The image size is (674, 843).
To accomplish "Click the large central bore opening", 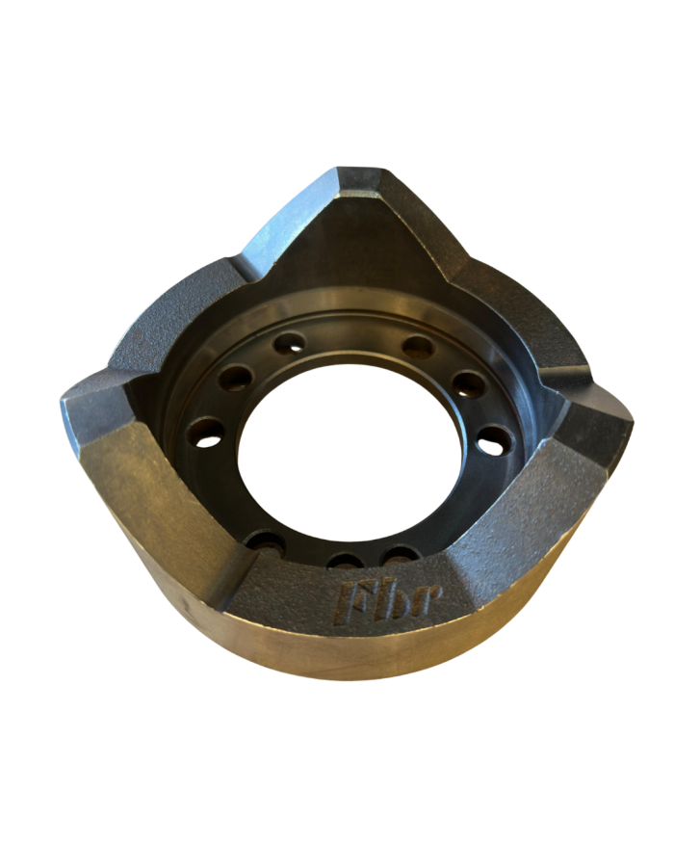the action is pyautogui.click(x=350, y=452).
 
